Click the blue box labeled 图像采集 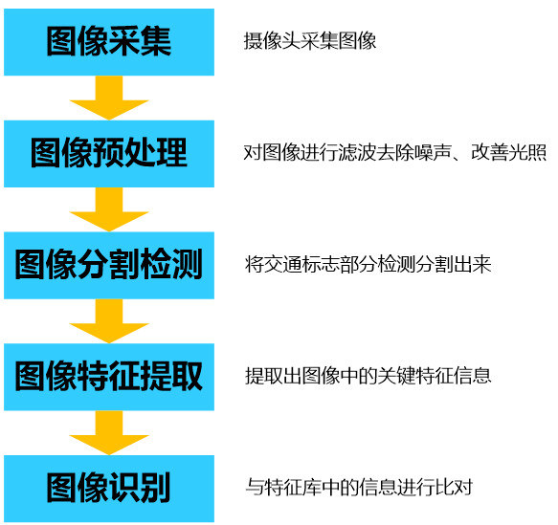point(109,42)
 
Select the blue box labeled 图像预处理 point(109,154)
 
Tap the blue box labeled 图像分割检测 point(109,265)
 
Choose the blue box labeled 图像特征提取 point(109,377)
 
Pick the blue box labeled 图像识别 point(109,489)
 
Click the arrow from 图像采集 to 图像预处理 point(109,98)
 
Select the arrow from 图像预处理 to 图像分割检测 point(109,209)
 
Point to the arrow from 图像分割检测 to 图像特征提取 point(109,321)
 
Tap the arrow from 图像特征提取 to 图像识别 point(109,432)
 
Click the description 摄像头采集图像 point(310,41)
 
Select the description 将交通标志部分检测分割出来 point(368,265)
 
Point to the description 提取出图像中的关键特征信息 point(368,376)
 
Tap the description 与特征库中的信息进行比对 point(359,488)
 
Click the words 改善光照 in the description point(508,153)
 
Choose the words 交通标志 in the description point(301,265)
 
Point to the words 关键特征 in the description point(415,376)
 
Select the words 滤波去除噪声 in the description point(395,153)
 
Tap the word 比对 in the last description point(454,488)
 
